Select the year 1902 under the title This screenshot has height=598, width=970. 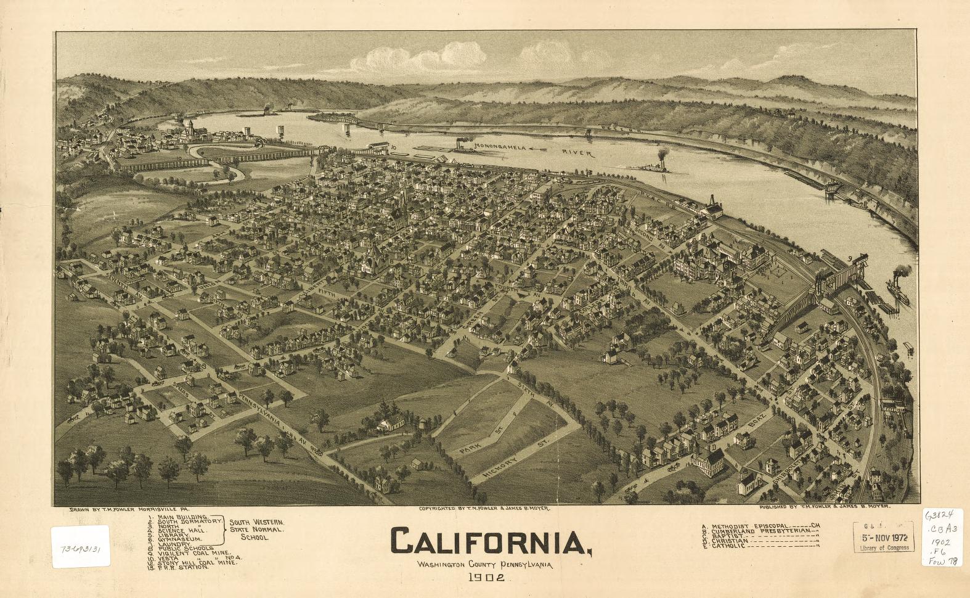(486, 578)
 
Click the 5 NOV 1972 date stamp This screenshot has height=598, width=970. (884, 536)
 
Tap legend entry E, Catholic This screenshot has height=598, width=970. (727, 546)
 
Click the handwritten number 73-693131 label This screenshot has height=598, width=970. (81, 546)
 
